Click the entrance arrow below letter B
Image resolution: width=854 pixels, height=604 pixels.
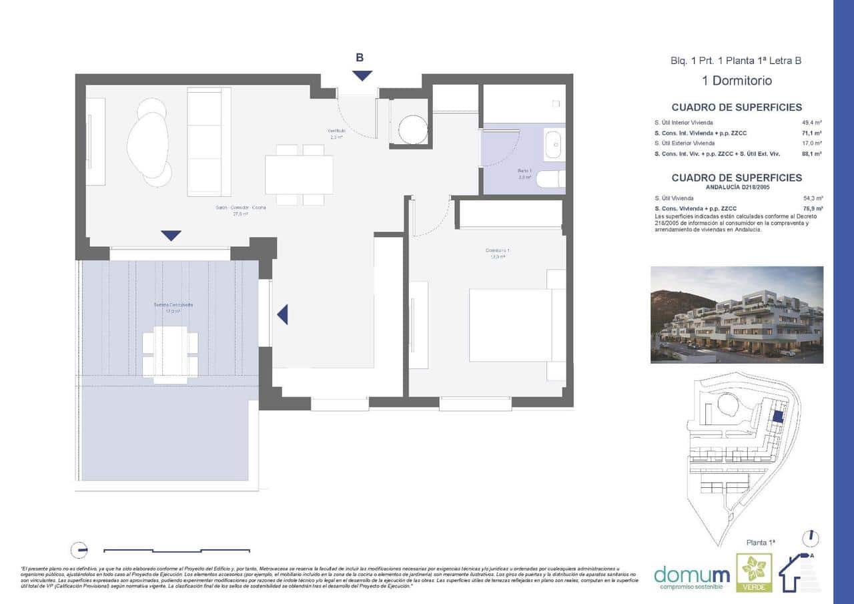click(x=362, y=76)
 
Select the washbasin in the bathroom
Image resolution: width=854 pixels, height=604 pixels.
click(x=553, y=145)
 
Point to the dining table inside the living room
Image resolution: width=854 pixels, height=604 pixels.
click(x=299, y=174)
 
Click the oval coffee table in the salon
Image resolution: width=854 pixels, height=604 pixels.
click(x=147, y=145)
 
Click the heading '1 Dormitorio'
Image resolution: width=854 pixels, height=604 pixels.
click(x=737, y=81)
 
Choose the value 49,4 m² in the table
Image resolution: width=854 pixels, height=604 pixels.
click(x=811, y=123)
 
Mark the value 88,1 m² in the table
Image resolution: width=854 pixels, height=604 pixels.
click(x=811, y=154)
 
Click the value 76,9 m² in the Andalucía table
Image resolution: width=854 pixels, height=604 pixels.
click(x=813, y=208)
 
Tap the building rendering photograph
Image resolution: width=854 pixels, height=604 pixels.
click(x=737, y=314)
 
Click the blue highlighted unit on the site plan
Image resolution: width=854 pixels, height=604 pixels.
click(x=777, y=416)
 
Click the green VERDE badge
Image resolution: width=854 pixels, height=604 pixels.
click(x=754, y=573)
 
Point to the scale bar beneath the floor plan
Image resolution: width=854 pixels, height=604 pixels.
click(x=177, y=551)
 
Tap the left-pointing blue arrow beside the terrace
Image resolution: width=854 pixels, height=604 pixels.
click(x=283, y=314)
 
